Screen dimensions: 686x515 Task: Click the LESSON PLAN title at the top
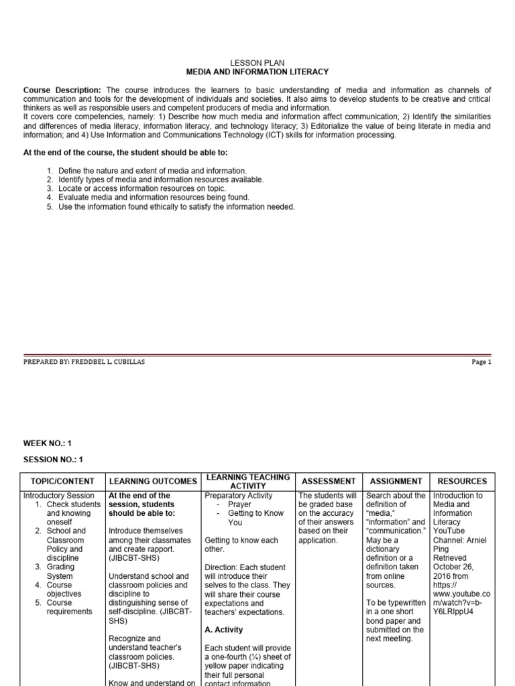pos(257,62)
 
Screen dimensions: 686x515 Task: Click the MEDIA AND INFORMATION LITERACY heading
pos(257,71)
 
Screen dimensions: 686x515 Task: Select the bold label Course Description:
pos(62,90)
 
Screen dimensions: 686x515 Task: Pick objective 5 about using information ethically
pos(176,206)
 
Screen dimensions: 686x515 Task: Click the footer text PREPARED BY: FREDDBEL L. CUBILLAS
pos(84,362)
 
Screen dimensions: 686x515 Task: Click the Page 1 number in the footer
pos(481,362)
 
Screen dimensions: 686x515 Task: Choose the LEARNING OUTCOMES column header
pos(153,481)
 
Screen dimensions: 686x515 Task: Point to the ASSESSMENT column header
pos(329,481)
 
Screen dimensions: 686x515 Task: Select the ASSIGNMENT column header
pos(395,481)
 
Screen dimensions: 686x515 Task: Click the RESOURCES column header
pos(462,481)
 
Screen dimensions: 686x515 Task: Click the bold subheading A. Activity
pos(224,630)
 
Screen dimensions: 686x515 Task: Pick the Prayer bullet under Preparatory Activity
pos(239,504)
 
